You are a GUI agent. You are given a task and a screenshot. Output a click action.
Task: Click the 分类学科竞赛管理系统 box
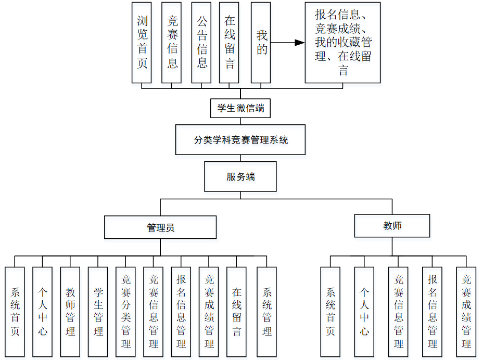(240, 139)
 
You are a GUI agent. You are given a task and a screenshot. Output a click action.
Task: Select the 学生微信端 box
(240, 109)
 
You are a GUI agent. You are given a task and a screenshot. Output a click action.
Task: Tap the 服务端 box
(240, 176)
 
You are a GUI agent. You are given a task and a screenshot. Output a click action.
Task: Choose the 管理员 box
(160, 227)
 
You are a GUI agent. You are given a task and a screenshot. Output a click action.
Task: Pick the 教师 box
(392, 226)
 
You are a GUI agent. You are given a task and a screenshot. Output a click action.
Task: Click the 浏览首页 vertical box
(142, 43)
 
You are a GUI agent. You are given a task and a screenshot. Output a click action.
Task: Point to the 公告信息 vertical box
(201, 43)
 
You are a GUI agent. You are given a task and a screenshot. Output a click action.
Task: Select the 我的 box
(261, 43)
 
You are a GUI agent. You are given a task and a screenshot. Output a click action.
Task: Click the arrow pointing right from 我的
(288, 43)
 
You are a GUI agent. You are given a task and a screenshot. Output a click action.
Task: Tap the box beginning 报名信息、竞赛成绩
(342, 43)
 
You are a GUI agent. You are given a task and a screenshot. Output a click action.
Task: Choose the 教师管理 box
(70, 311)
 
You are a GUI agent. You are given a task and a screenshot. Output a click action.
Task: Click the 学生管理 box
(98, 311)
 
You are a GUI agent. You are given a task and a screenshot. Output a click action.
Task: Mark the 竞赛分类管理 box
(125, 311)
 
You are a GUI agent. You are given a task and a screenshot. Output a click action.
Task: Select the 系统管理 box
(266, 311)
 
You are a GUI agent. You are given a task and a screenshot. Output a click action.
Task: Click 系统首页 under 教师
(330, 311)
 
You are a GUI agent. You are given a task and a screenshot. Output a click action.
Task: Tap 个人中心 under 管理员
(42, 311)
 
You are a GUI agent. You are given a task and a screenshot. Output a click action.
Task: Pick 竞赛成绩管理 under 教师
(466, 311)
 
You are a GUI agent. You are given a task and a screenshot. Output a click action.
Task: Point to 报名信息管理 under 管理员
(181, 311)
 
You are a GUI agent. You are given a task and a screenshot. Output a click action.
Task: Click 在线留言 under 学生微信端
(230, 43)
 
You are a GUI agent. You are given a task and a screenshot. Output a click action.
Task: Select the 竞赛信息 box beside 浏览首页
(172, 43)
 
